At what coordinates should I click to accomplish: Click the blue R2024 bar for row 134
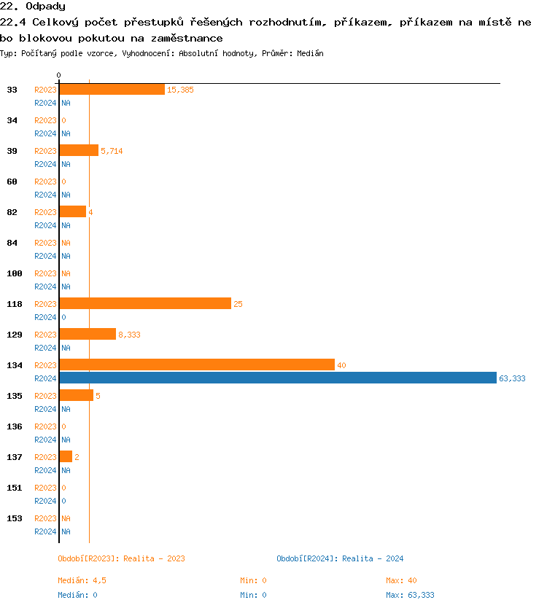tap(278, 378)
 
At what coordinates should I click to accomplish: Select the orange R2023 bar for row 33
tap(112, 90)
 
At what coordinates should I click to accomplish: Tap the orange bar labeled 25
tap(145, 304)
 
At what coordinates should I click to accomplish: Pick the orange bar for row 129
tap(88, 335)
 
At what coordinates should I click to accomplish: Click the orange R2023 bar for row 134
tap(197, 365)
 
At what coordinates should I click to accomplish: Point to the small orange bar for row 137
tap(66, 457)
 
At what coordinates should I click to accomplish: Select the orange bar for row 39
tap(79, 151)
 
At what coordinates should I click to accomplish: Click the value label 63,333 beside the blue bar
tap(512, 378)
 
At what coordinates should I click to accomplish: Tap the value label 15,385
tap(180, 90)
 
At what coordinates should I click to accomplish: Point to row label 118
tap(15, 304)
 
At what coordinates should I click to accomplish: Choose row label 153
tap(15, 518)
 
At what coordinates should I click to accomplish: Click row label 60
tap(12, 182)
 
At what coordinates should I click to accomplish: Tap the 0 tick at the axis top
tap(58, 75)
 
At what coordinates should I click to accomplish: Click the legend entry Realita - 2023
tap(121, 558)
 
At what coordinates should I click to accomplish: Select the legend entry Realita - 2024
tap(340, 558)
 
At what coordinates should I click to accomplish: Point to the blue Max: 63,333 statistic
tap(410, 595)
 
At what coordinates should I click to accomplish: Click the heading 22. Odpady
tap(33, 7)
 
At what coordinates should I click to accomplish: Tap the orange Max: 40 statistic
tap(401, 580)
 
